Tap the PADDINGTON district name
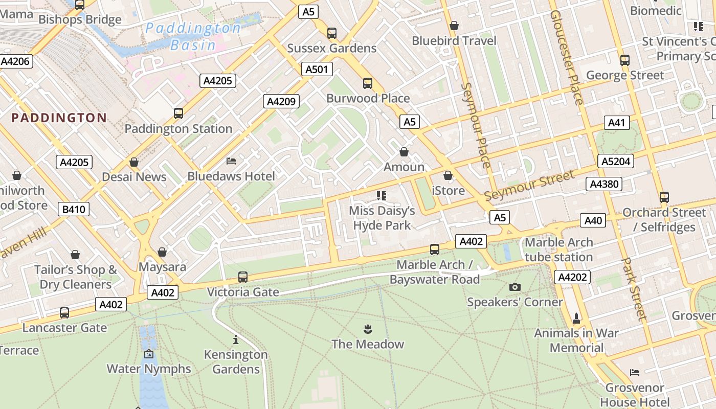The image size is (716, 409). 59,118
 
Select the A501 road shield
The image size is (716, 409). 316,70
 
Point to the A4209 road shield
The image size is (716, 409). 281,101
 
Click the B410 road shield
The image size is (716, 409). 74,209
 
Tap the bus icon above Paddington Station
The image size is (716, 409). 178,113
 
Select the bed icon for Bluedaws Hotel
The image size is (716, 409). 231,161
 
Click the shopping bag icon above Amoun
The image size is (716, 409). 404,152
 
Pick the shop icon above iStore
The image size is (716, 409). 448,175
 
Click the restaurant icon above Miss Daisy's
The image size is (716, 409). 382,195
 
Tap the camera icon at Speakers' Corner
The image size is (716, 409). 515,287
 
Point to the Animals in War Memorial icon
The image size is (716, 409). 576,318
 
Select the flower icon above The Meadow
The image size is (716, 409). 367,329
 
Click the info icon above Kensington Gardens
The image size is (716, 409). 236,339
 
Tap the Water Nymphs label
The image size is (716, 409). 149,369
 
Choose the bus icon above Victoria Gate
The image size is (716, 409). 243,277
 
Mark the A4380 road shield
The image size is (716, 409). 604,184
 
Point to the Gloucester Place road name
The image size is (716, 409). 566,56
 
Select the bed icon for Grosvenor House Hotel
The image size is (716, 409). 635,373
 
